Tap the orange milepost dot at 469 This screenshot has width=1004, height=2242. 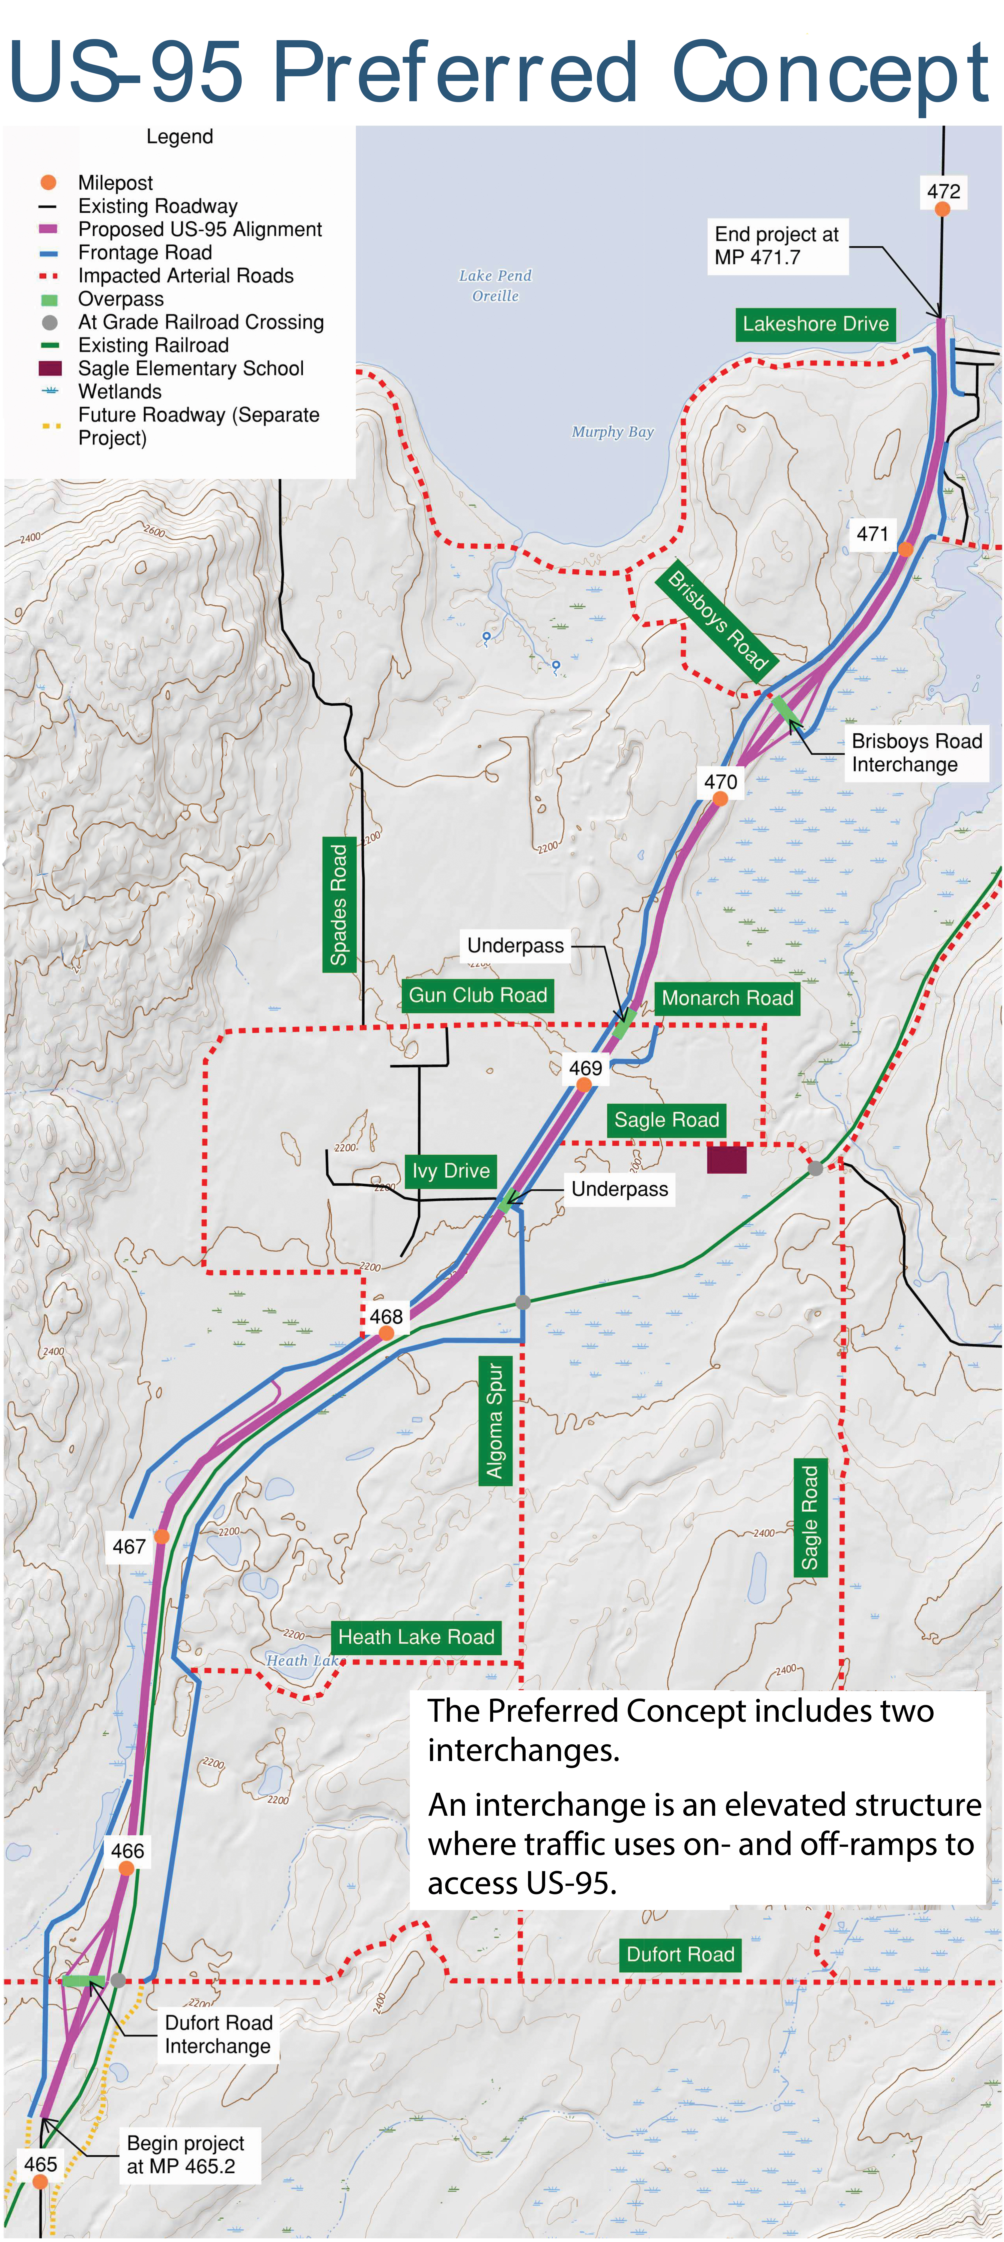[x=584, y=1084]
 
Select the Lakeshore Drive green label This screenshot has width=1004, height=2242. [x=815, y=324]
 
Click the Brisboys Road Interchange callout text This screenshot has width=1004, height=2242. [x=916, y=753]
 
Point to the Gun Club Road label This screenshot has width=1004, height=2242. [x=478, y=995]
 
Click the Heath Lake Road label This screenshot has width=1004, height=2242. [x=416, y=1637]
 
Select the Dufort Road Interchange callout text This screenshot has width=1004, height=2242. [x=218, y=2034]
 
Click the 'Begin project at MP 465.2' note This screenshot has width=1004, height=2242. [x=185, y=2154]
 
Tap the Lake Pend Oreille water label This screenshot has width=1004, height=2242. [x=495, y=286]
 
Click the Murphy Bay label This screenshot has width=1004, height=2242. [x=613, y=432]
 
